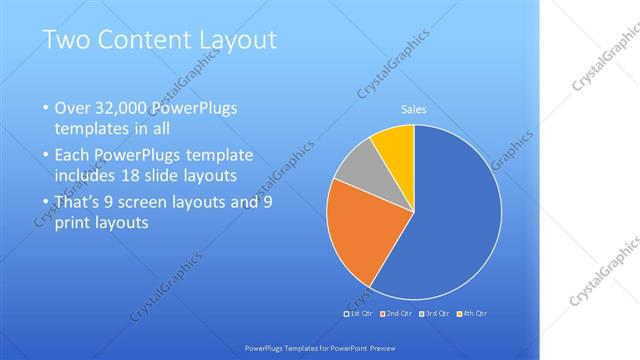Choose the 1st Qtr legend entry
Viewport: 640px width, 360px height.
(360, 315)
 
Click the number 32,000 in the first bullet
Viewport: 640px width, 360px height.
(121, 108)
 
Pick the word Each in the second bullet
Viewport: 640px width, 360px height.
(73, 156)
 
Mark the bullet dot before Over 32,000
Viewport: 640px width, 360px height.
(44, 108)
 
